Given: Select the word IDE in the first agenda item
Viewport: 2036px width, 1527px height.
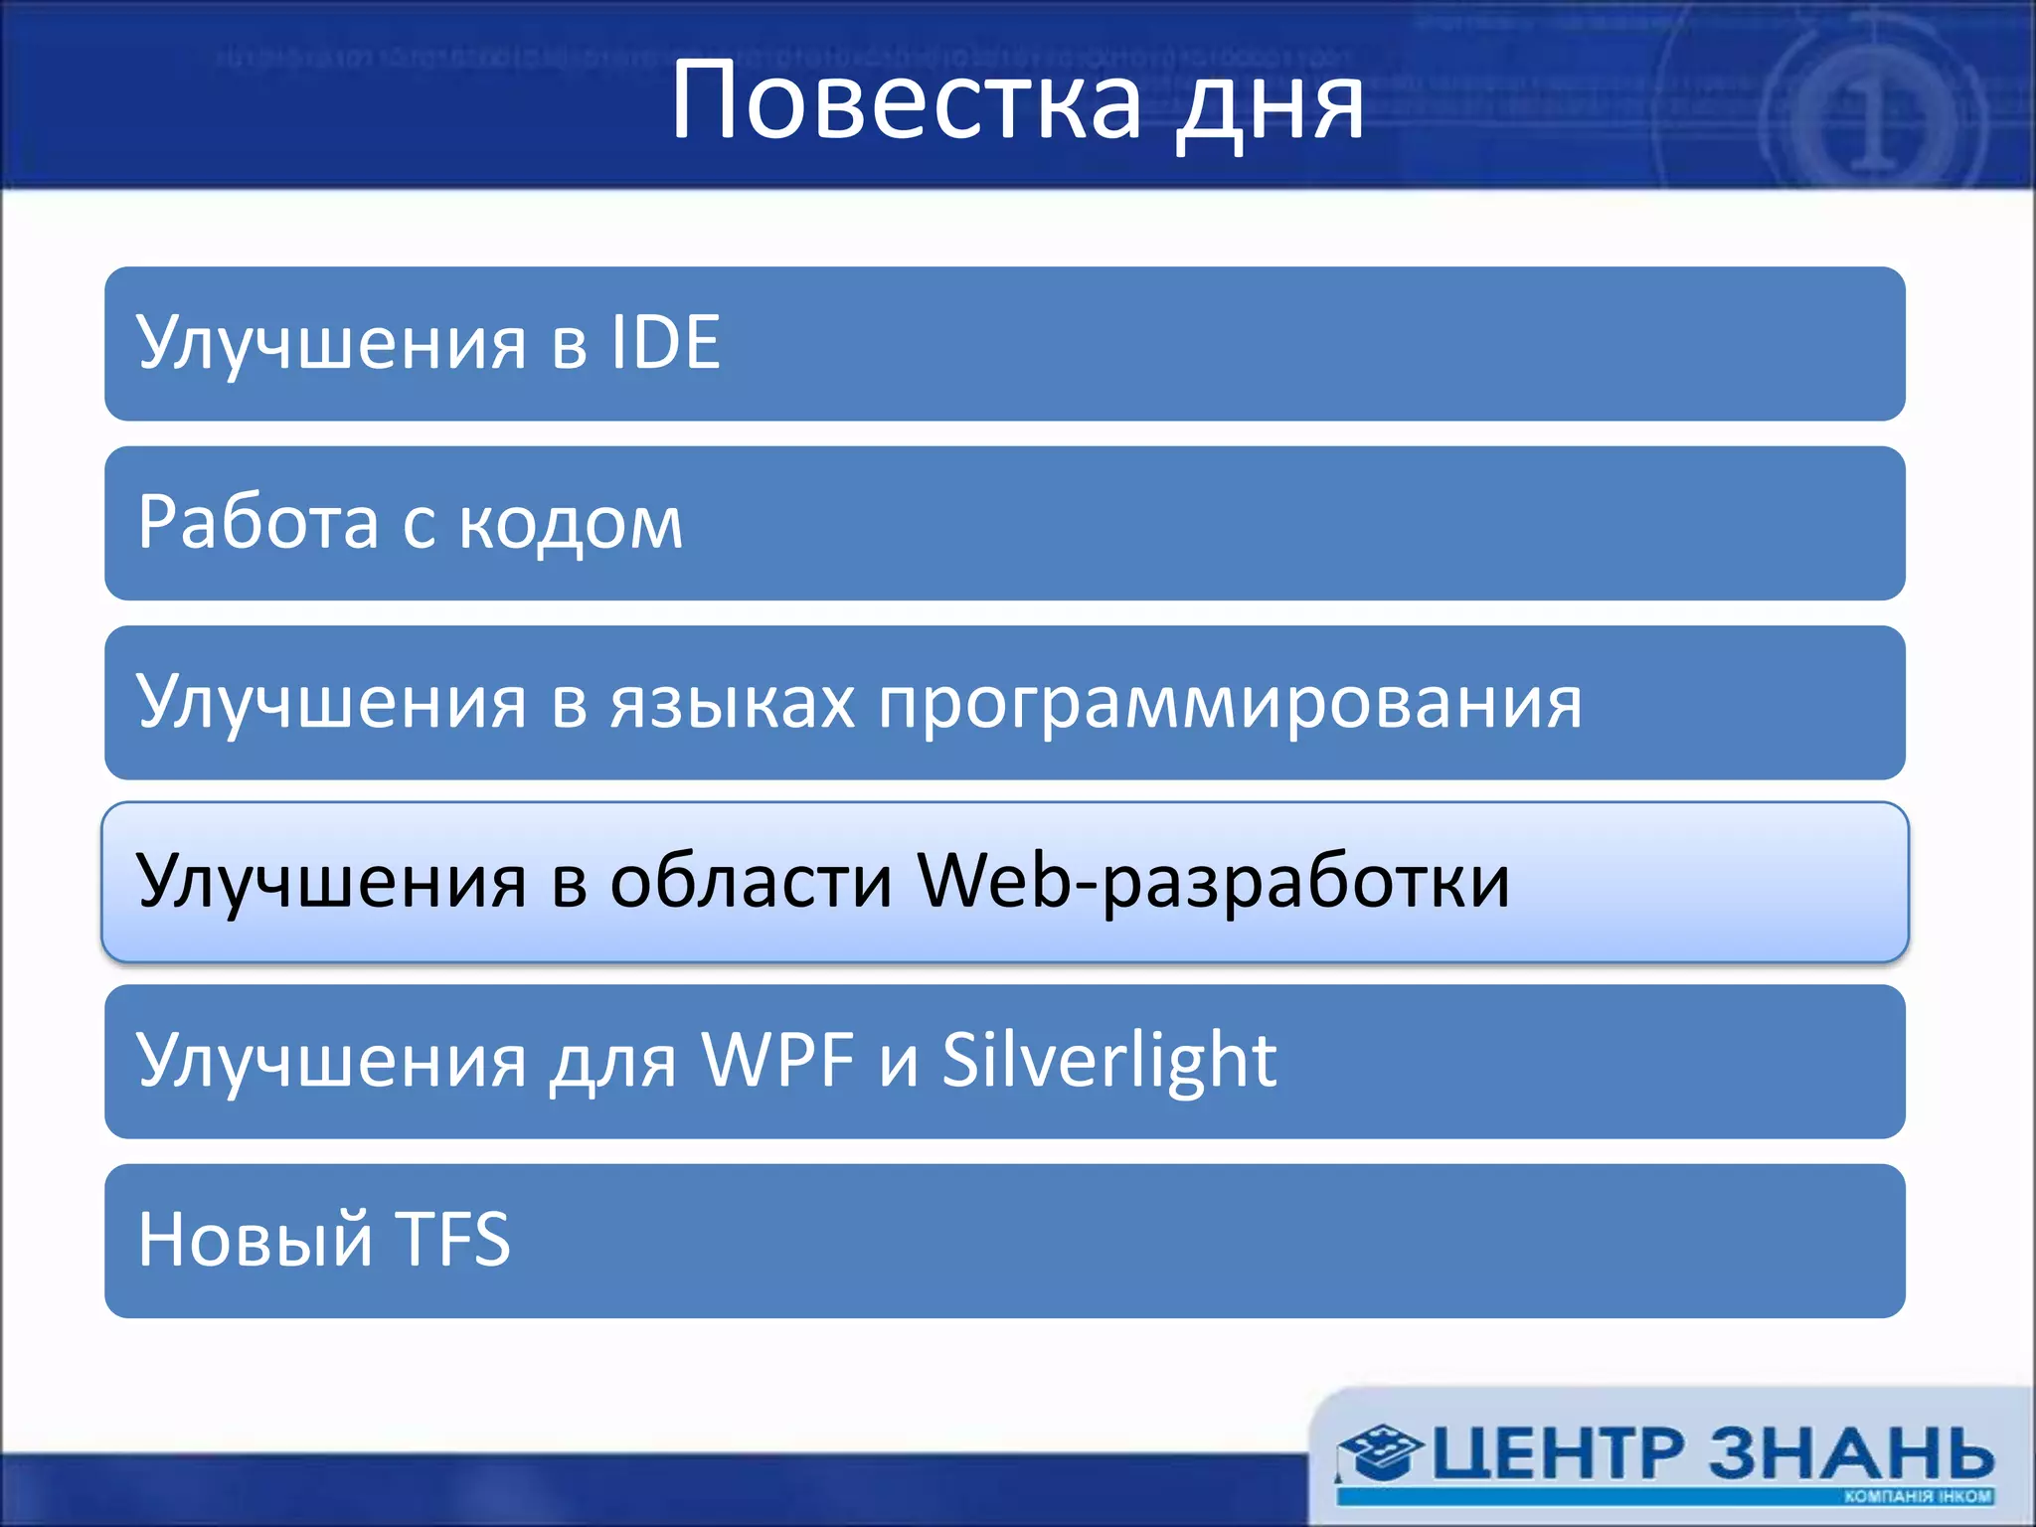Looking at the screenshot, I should coord(665,343).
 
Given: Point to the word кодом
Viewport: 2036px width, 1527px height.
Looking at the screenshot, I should coord(571,524).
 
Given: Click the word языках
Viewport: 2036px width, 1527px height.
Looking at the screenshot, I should coord(733,703).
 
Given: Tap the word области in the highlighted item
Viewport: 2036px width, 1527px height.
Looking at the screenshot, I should coord(751,882).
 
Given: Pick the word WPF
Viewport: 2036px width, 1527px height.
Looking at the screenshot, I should coord(777,1061).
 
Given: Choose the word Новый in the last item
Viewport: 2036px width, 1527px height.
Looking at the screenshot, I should coord(254,1241).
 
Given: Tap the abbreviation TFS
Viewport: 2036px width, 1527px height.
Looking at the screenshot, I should coord(452,1241).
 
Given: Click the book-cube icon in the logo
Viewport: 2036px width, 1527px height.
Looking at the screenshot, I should coord(1377,1451).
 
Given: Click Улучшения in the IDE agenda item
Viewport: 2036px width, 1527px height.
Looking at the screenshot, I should coord(331,344).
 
